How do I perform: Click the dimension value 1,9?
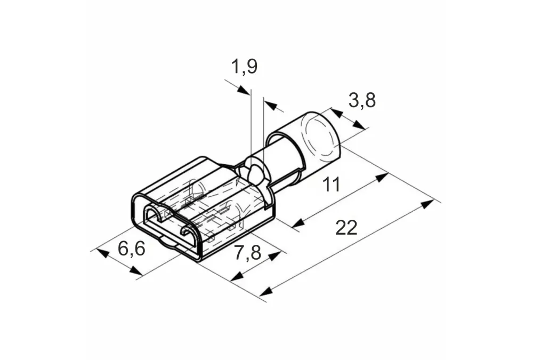click(244, 66)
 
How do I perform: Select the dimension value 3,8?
click(362, 100)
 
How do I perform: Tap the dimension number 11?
click(331, 184)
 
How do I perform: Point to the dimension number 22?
click(346, 227)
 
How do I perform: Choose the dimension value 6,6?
click(131, 248)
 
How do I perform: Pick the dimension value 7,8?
click(247, 252)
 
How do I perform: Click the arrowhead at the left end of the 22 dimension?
click(266, 291)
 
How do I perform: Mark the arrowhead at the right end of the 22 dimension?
click(427, 204)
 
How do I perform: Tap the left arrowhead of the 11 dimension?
click(298, 223)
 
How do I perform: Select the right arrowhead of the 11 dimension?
click(382, 178)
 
